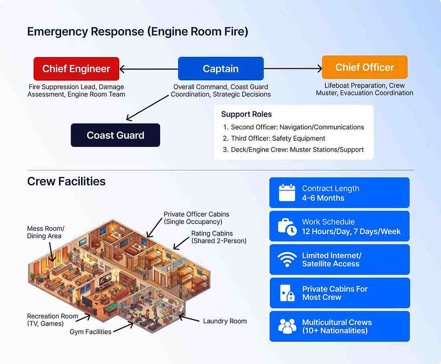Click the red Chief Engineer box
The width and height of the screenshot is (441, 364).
[x=76, y=69]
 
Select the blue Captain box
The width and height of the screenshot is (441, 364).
[x=220, y=69]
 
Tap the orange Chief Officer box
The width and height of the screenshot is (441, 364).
[x=364, y=67]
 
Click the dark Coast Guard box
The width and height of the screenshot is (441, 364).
[x=115, y=135]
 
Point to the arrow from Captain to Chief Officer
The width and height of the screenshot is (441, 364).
[x=293, y=69]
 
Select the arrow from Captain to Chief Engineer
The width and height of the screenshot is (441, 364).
[x=148, y=69]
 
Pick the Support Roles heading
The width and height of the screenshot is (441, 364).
[x=246, y=114]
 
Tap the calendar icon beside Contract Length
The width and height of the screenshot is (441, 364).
[x=287, y=193]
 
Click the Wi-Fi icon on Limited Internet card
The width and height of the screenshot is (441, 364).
[x=287, y=259]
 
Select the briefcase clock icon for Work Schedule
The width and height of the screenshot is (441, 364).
[x=287, y=226]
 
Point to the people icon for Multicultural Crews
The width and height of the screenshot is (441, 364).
[x=287, y=326]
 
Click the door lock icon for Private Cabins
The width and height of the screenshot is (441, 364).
[x=287, y=293]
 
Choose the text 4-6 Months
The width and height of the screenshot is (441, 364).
[x=323, y=198]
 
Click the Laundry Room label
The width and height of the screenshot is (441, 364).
[x=225, y=321]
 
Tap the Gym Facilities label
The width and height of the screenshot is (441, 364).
[x=90, y=332]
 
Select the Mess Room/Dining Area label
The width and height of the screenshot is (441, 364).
[x=45, y=232]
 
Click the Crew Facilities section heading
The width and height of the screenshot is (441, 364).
[x=66, y=181]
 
